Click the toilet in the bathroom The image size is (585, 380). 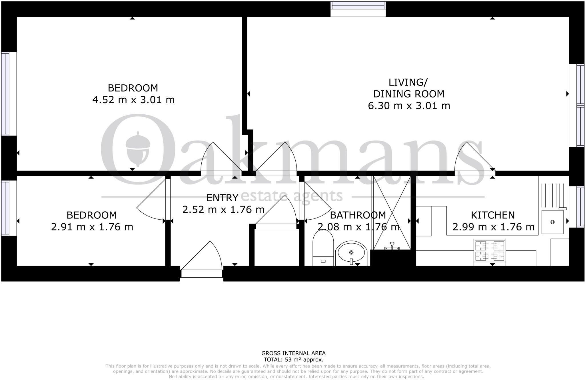point(323,248)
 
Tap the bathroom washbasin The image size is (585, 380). point(351,253)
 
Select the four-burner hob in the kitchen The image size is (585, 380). point(490,250)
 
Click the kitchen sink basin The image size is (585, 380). point(552,222)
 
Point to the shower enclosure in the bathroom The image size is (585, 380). point(392,213)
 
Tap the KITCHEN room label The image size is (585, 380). point(493,215)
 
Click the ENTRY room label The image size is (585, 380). point(222,198)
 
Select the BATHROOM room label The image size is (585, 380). point(358,215)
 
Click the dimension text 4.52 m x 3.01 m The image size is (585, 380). point(133,100)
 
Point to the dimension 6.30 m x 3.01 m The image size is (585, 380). point(409,106)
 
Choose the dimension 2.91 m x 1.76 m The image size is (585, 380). point(92,227)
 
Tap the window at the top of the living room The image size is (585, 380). point(358,9)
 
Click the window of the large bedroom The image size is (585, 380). point(6,93)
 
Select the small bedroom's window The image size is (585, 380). point(6,208)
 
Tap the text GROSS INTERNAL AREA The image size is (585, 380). point(293,353)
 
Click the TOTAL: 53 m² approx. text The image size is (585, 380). point(293,360)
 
